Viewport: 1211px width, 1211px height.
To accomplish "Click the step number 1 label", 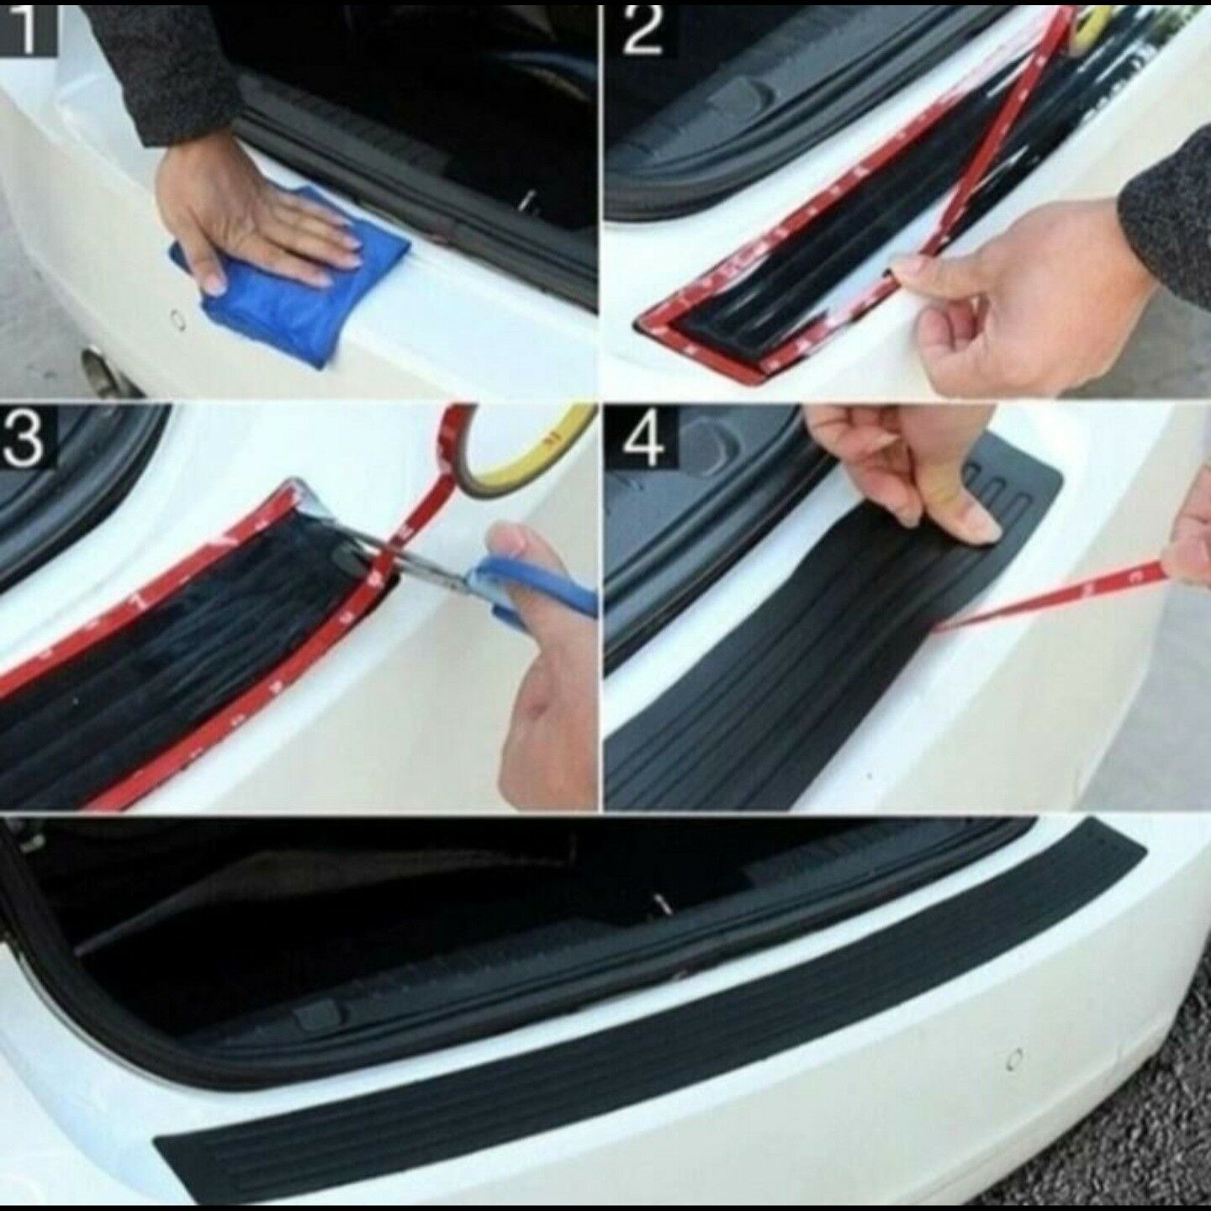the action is [29, 29].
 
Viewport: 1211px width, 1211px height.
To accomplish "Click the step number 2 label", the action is [643, 31].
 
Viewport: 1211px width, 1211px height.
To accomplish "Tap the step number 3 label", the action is [26, 434].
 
